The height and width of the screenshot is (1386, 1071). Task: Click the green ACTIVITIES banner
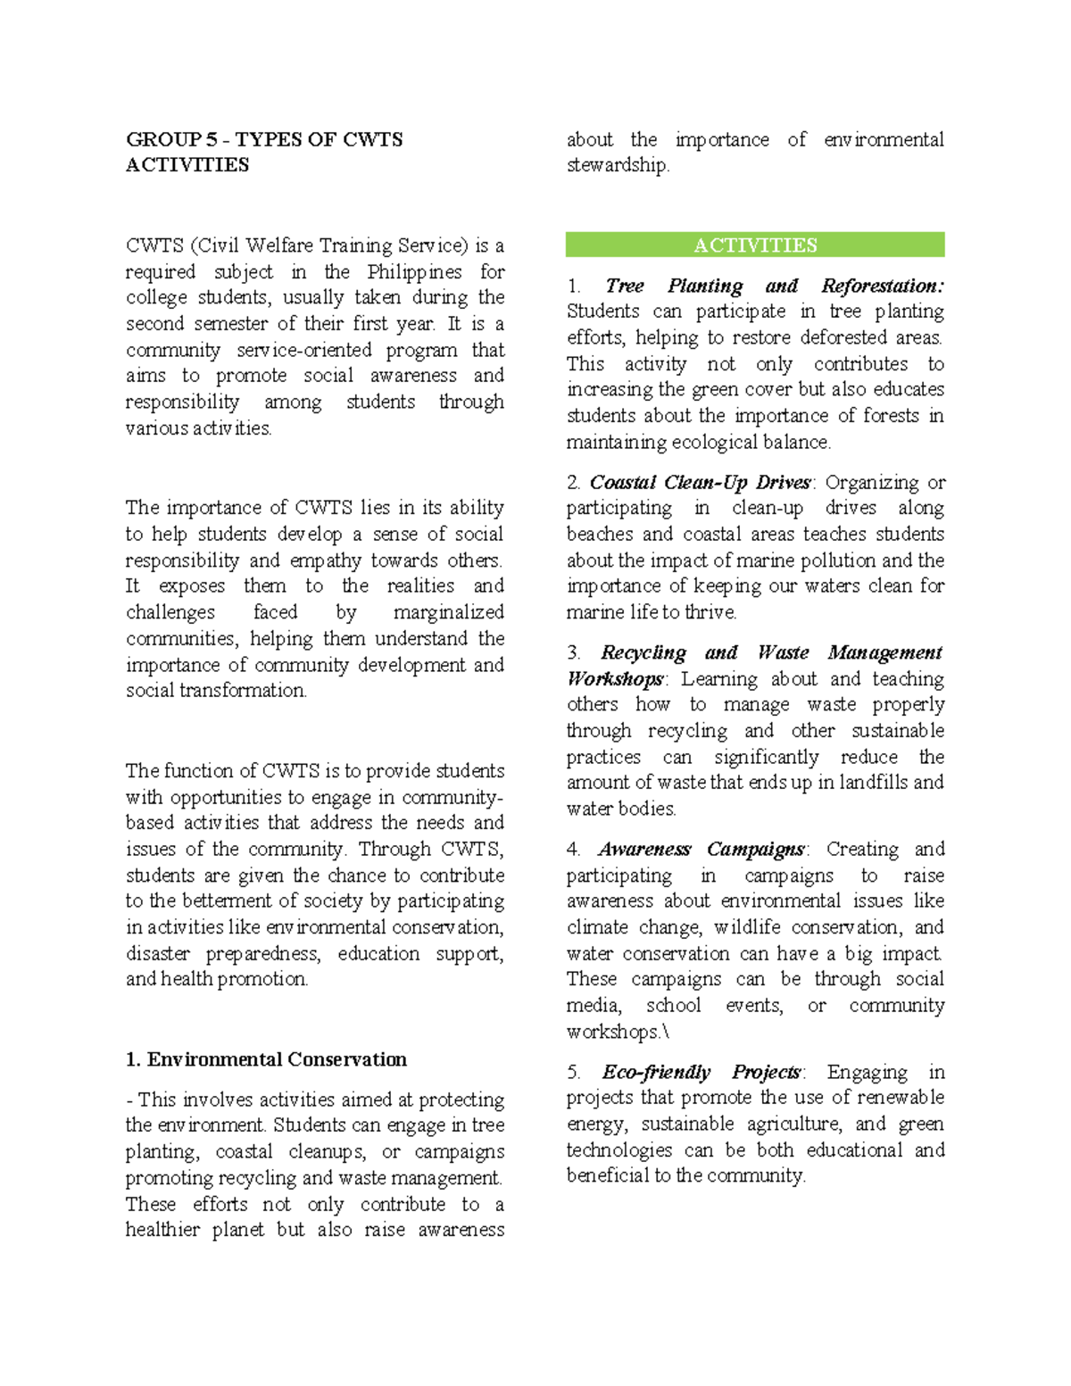(755, 245)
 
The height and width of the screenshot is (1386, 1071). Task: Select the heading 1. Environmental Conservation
(266, 1059)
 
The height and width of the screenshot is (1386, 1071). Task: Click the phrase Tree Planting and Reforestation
(773, 286)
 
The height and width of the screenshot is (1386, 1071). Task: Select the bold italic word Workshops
(614, 679)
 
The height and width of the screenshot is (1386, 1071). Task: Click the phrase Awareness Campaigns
(701, 849)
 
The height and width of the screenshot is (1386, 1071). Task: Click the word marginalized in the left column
(448, 612)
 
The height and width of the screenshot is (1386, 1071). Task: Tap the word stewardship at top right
(616, 166)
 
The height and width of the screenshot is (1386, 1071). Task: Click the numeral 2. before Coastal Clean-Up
(573, 483)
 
